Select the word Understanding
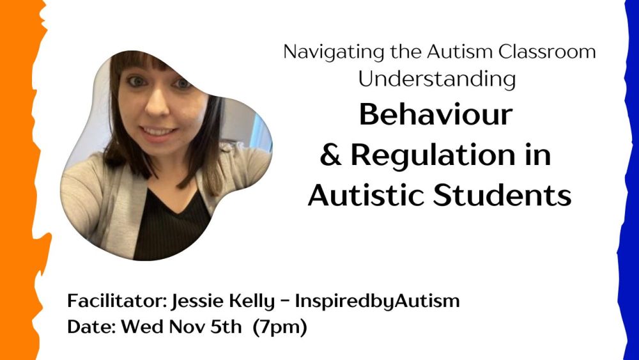click(x=437, y=79)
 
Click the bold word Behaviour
click(x=436, y=114)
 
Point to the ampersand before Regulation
click(x=331, y=155)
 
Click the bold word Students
click(x=502, y=196)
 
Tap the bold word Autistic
click(x=366, y=196)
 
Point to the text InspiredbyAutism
click(x=378, y=302)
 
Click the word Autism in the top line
click(x=459, y=52)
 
